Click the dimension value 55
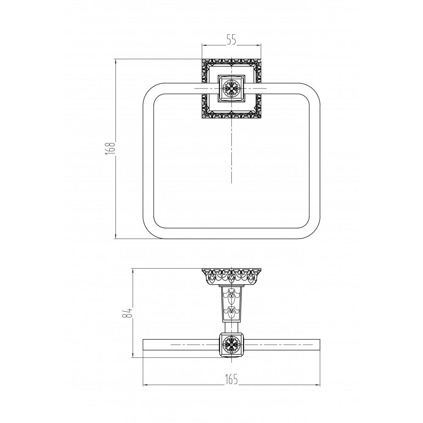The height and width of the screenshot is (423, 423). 231,40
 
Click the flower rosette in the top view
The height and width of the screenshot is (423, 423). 231,88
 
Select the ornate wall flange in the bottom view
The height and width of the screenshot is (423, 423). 231,276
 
